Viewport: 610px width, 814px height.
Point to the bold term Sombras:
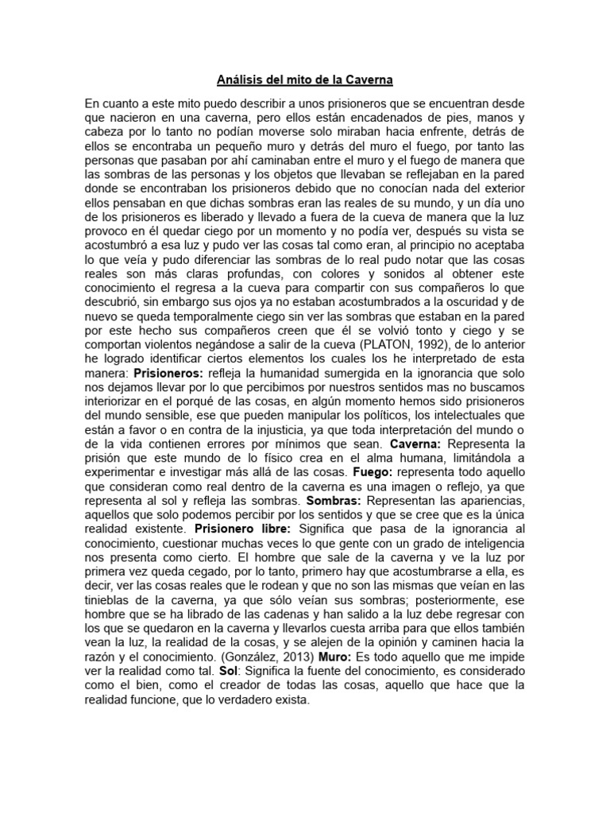(330, 502)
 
